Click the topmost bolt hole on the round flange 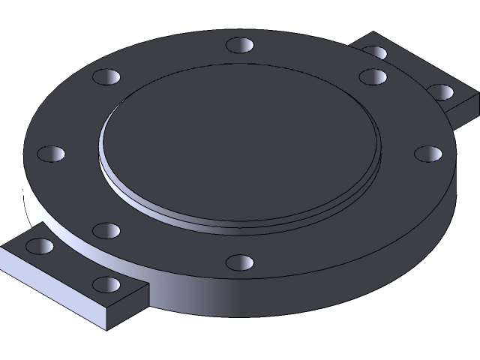click(240, 45)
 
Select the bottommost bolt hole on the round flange click(240, 262)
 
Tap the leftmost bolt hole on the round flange click(50, 154)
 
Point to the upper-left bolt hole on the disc click(106, 76)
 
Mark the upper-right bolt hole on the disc click(372, 76)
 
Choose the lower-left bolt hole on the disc click(106, 229)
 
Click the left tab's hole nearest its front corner click(108, 284)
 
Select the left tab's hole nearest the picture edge click(40, 245)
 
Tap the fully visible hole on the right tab click(441, 91)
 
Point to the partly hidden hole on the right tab click(375, 52)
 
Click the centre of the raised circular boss click(240, 142)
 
